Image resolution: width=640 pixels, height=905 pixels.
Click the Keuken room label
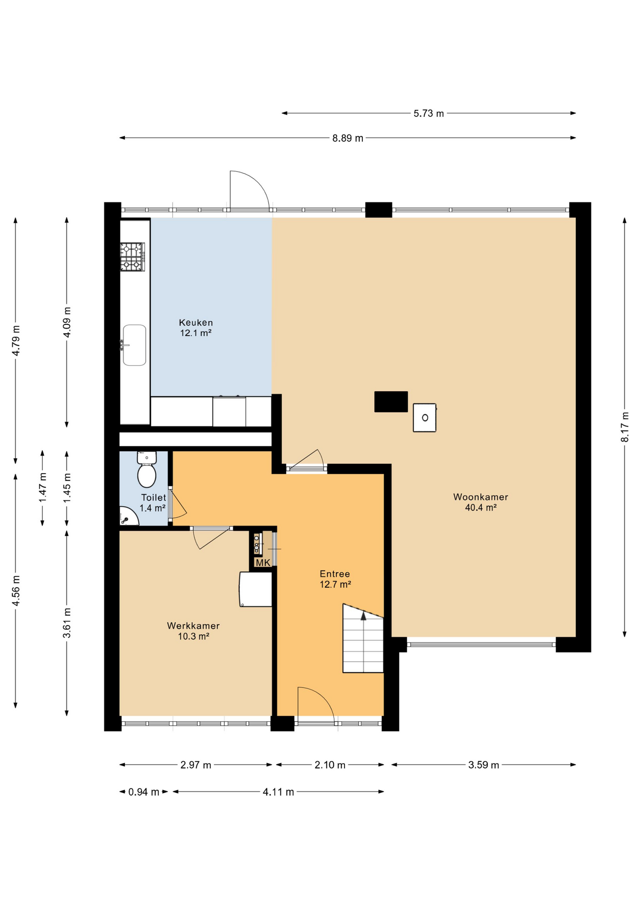(196, 328)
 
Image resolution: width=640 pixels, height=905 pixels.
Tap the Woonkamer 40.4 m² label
(481, 502)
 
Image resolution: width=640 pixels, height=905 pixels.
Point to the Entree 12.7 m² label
(335, 579)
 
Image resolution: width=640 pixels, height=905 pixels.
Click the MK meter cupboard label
(263, 563)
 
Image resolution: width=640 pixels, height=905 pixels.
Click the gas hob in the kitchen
(132, 257)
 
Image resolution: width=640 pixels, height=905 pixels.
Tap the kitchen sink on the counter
(134, 345)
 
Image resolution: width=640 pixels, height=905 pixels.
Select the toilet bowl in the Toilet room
(147, 469)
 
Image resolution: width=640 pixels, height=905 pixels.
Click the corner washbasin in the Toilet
(128, 517)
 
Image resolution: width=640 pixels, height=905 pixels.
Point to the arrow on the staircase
(363, 615)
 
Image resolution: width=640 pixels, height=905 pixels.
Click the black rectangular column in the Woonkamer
(391, 402)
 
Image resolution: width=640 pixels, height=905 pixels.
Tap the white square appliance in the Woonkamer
(425, 417)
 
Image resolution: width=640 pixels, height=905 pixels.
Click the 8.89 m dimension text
(348, 138)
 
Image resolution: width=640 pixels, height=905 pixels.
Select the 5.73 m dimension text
(429, 114)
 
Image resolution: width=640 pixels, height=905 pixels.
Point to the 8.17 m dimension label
(625, 427)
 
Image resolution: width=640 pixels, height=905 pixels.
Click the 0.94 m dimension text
(144, 792)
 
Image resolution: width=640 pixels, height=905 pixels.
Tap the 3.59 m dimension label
(484, 765)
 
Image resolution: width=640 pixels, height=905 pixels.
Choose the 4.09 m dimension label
(67, 322)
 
